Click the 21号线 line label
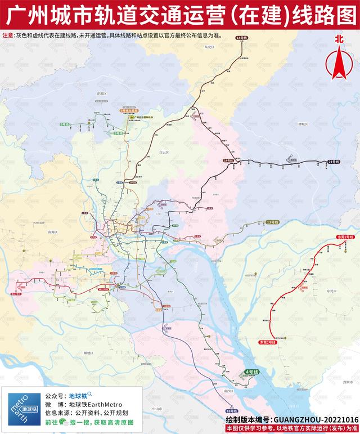coord(334,162)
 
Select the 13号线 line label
coord(272,222)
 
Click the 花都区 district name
coord(101,93)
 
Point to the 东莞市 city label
coord(330,291)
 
